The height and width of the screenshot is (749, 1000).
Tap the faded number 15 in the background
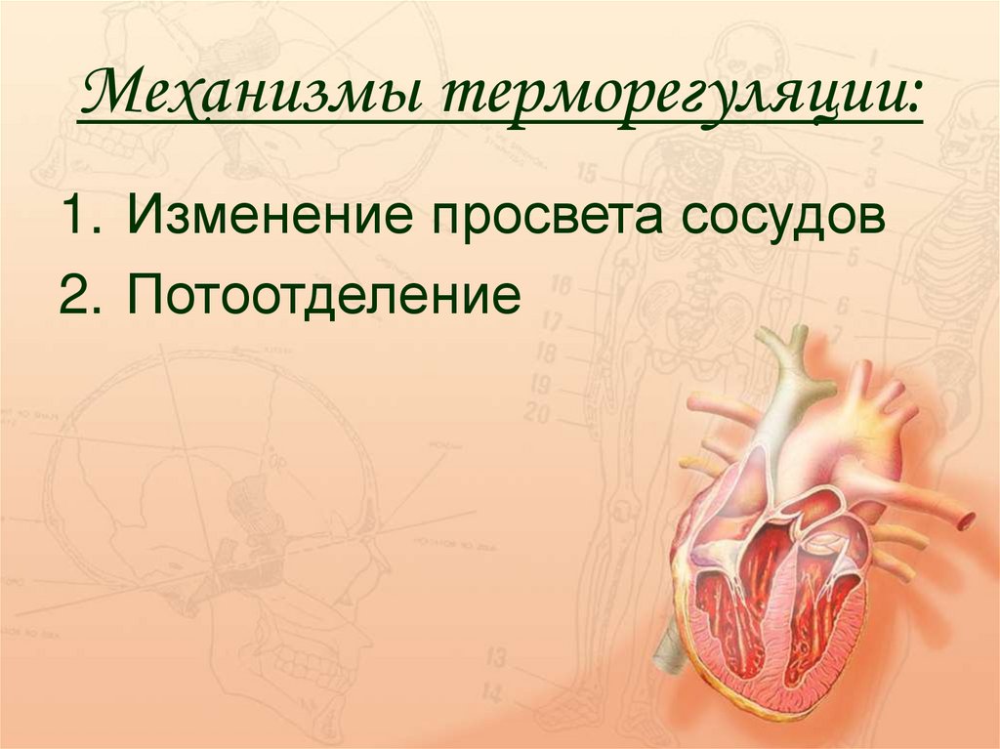[x=587, y=174]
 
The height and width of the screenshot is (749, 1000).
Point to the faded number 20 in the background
[x=537, y=412]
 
